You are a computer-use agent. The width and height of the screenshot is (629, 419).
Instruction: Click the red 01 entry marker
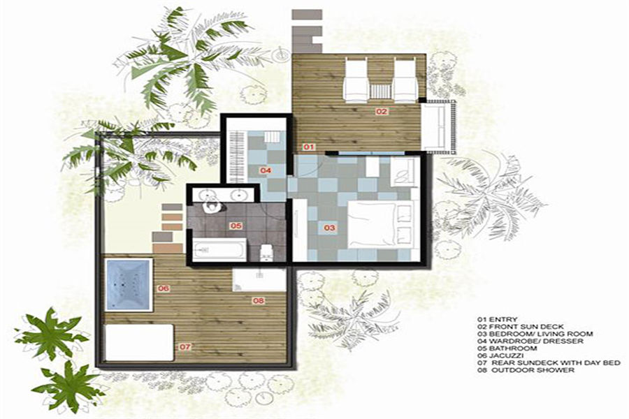(308, 147)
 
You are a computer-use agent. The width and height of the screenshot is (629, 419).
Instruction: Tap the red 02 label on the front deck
(382, 112)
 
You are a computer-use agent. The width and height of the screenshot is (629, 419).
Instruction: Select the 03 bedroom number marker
(329, 228)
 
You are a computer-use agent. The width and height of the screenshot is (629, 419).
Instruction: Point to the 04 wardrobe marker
(266, 170)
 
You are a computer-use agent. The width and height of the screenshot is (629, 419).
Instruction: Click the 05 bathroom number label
(236, 226)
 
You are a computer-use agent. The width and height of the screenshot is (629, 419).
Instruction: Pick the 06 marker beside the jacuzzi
(164, 288)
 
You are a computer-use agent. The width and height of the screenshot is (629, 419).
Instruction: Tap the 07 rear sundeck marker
(185, 347)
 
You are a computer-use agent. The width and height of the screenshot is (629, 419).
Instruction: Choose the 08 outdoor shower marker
(259, 300)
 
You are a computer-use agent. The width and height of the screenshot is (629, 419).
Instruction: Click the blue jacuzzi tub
(129, 284)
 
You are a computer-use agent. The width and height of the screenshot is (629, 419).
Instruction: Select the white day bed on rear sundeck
(139, 342)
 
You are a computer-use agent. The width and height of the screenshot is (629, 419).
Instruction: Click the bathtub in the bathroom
(219, 249)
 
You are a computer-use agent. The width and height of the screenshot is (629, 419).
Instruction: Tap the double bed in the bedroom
(380, 225)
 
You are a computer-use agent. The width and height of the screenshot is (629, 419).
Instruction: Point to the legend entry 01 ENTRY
(497, 320)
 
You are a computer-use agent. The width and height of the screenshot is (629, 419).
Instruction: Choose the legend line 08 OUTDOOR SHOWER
(526, 369)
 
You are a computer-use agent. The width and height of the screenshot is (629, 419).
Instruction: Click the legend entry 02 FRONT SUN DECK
(520, 327)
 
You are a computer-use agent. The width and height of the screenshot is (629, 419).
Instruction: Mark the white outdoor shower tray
(259, 280)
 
